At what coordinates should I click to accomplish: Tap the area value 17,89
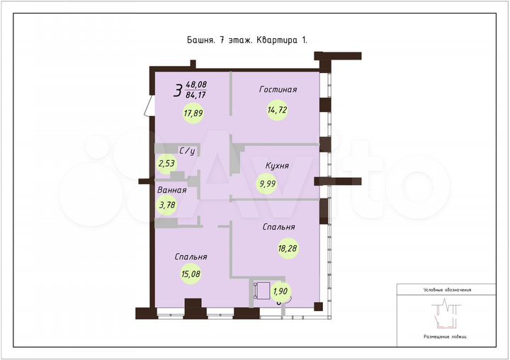(x=193, y=112)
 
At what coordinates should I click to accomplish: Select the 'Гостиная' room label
(x=278, y=89)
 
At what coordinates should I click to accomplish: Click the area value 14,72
(x=277, y=111)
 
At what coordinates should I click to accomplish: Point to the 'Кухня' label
(x=276, y=165)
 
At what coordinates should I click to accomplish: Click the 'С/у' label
(x=187, y=151)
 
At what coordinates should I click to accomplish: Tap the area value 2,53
(x=168, y=164)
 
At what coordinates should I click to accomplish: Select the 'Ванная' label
(x=172, y=190)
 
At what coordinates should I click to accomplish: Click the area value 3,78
(x=168, y=206)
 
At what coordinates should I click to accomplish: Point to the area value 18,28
(x=288, y=247)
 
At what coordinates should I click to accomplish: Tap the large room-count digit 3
(x=177, y=89)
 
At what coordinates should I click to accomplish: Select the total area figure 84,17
(x=196, y=94)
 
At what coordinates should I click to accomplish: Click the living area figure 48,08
(x=196, y=84)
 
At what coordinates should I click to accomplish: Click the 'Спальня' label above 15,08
(x=193, y=257)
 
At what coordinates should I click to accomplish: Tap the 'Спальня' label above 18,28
(x=278, y=227)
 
